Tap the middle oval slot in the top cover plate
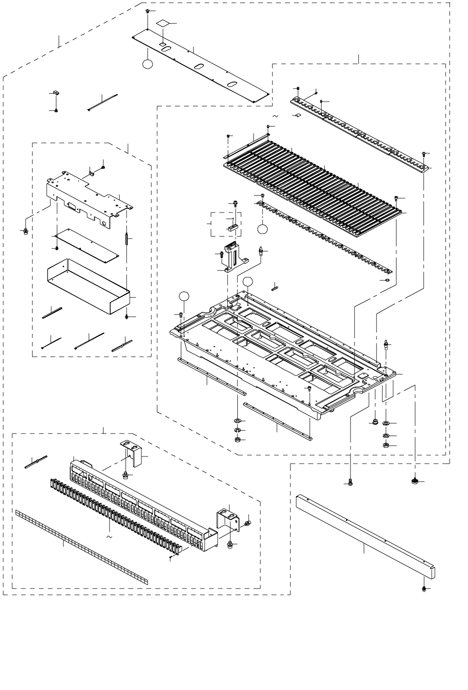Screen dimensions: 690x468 (198, 66)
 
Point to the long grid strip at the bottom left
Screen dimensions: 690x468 (81, 547)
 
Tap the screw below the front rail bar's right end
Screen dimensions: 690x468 (424, 588)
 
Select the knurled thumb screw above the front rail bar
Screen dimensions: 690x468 (414, 482)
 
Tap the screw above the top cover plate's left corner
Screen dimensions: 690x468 (148, 11)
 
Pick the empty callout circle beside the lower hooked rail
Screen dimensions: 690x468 (262, 228)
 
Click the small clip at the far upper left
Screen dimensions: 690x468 (55, 93)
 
